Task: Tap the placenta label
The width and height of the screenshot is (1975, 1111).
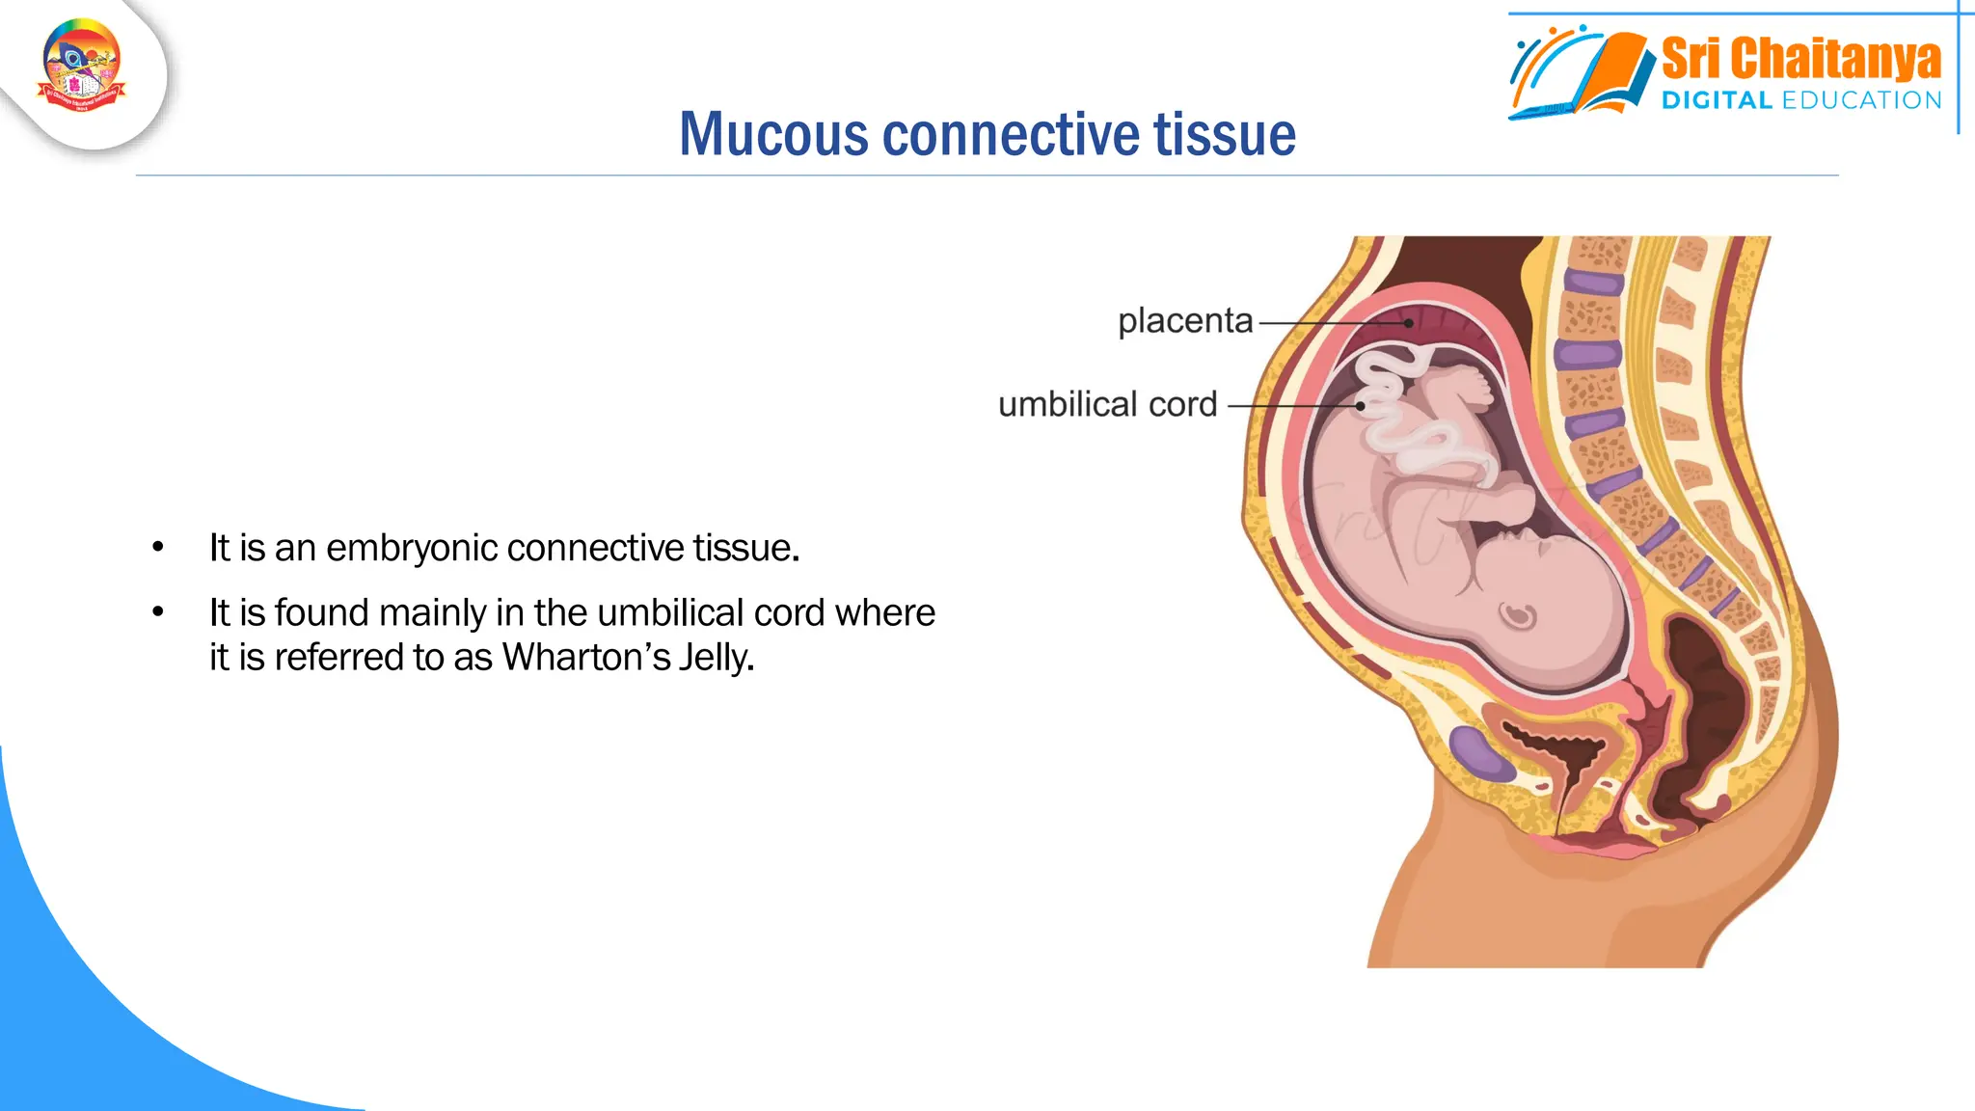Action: (x=1185, y=320)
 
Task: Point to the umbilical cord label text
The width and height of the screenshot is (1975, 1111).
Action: (x=1107, y=404)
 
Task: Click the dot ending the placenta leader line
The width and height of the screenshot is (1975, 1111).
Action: (x=1409, y=323)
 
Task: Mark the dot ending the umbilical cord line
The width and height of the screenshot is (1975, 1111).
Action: (x=1361, y=406)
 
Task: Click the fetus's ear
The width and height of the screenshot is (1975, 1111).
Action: (x=1519, y=614)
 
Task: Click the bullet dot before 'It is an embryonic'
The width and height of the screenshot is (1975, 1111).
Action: (x=158, y=548)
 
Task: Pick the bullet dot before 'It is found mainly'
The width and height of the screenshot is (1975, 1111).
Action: (x=158, y=612)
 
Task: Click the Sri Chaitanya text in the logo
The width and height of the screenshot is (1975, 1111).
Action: (x=1800, y=58)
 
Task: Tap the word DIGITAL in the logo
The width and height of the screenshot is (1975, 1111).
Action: (x=1717, y=100)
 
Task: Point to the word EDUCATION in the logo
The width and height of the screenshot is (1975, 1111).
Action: (x=1861, y=100)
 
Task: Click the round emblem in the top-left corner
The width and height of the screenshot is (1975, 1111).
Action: (x=82, y=66)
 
